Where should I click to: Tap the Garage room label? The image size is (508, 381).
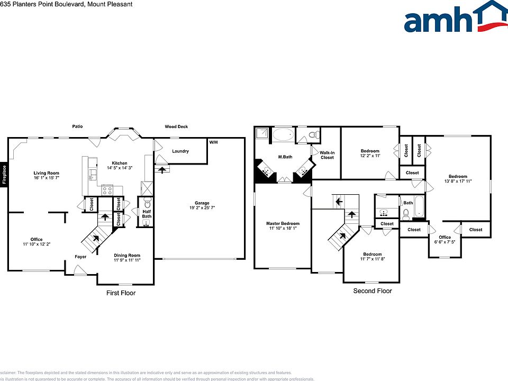point(202,203)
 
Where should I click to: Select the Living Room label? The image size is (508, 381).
point(47,173)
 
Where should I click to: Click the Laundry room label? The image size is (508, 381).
point(180,151)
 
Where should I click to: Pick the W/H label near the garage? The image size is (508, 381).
point(213,142)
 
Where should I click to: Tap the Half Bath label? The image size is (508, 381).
point(147,213)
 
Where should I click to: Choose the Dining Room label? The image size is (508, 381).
point(127,256)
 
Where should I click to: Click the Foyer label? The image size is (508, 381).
point(80,257)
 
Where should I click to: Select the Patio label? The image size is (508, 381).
point(78,126)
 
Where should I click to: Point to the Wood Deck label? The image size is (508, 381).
point(176,126)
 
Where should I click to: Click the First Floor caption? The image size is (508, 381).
point(121,293)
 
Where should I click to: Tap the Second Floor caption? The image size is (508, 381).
point(373,291)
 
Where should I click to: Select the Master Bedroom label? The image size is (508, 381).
point(283,223)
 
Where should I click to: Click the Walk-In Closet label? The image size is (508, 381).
point(327,155)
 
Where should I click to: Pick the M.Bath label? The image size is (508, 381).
point(286,157)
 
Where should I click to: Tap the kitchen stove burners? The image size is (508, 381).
point(107,190)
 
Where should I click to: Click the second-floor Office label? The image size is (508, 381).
point(444,237)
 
